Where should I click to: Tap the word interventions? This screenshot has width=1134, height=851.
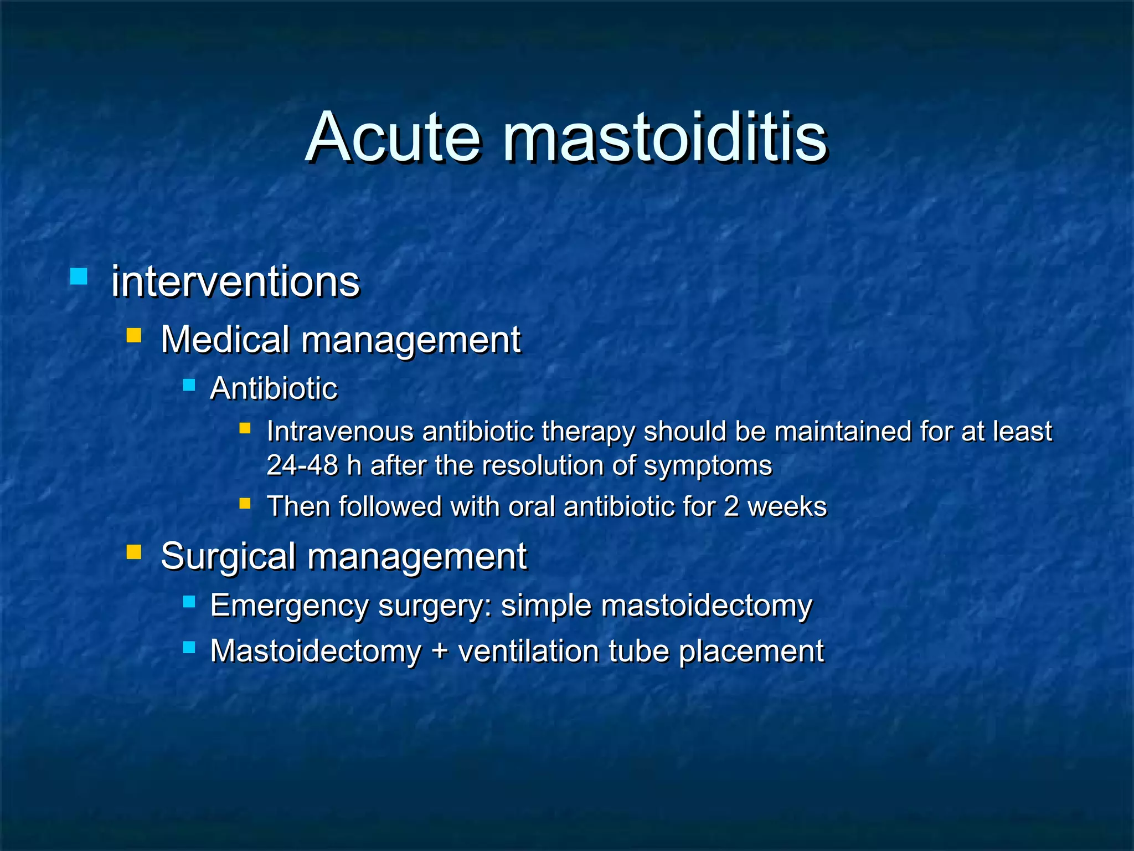coord(235,281)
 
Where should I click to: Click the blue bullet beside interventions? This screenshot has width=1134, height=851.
coord(79,276)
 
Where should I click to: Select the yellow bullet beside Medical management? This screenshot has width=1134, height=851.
coord(134,335)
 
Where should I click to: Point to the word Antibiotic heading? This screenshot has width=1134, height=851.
coord(274,388)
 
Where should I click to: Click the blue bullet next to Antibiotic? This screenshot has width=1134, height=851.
coord(189,385)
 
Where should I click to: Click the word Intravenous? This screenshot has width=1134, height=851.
coord(340,431)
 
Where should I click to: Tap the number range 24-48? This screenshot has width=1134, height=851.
coord(302,465)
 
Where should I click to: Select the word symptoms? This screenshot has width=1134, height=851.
coord(708,465)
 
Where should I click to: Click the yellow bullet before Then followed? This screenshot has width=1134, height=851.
coord(245,503)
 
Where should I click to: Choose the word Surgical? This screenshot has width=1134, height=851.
coord(228,556)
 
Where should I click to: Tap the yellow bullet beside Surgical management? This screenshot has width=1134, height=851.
coord(134,552)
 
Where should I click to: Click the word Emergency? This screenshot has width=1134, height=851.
coord(289,605)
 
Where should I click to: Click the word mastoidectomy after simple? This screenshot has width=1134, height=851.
coord(707,605)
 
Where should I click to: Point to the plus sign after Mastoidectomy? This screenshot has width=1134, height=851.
coord(440,650)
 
